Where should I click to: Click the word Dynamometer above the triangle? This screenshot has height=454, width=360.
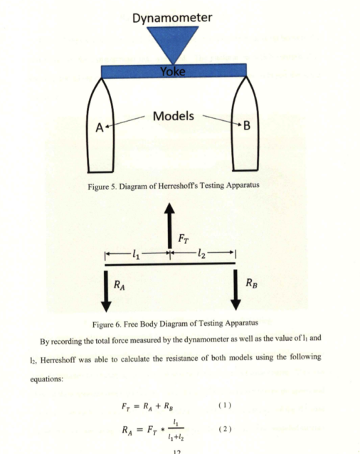[172, 18]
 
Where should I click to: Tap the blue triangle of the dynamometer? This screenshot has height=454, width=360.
[173, 41]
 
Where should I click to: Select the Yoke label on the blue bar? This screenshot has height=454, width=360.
[173, 71]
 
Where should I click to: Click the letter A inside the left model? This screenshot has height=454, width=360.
[100, 127]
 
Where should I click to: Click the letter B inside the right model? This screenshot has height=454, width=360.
[247, 126]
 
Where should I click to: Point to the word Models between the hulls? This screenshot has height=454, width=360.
[174, 116]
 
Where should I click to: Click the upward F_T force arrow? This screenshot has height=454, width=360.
[169, 226]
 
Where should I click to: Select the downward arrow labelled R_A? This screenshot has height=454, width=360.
[106, 291]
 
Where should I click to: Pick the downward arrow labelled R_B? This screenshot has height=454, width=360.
[236, 290]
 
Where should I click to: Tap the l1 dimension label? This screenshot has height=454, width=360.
[136, 255]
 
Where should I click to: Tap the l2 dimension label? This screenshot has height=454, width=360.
[201, 254]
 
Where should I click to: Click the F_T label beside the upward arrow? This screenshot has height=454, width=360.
[184, 239]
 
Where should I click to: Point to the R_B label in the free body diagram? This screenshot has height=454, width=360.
[251, 283]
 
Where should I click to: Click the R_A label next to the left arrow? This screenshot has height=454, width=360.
[120, 285]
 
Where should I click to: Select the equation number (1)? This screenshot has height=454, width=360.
[225, 405]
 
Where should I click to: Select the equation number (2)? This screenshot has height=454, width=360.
[225, 429]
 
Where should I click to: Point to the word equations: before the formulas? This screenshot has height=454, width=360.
[46, 379]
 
